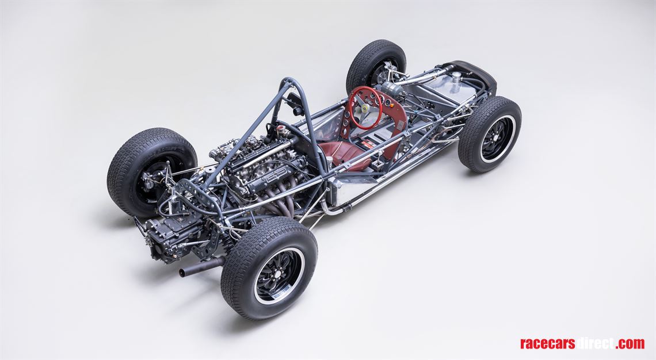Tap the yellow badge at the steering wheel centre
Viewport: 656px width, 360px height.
pyautogui.click(x=365, y=106)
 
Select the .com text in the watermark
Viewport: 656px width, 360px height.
pyautogui.click(x=630, y=343)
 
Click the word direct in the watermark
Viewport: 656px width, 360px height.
pyautogui.click(x=595, y=343)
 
